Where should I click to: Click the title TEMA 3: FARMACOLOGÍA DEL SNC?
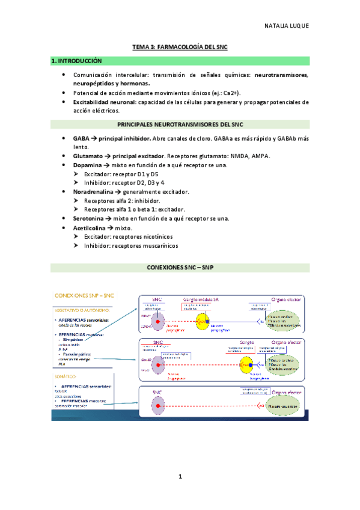pos(180,46)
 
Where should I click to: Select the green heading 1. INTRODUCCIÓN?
pos(76,61)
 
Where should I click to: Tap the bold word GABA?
pos(81,138)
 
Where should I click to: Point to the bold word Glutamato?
pos(89,156)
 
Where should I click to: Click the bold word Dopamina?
pos(88,164)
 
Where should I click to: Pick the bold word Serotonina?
pos(90,218)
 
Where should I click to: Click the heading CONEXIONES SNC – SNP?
pos(180,266)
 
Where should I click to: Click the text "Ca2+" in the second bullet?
pos(228,94)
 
